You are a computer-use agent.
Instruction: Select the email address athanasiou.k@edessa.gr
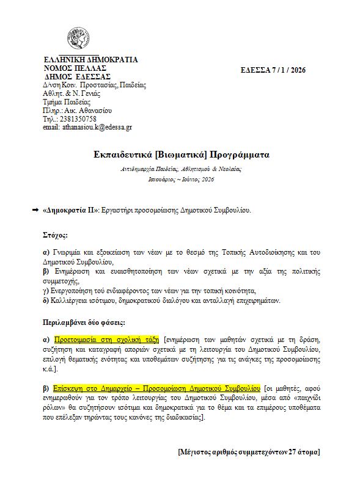point(87,128)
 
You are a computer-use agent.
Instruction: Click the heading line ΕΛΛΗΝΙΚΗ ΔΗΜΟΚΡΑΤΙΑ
point(91,60)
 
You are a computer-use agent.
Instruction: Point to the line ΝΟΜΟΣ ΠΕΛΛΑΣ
point(76,68)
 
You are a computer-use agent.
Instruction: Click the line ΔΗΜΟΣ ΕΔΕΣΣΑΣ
point(78,77)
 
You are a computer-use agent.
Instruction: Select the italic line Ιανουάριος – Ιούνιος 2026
point(182,180)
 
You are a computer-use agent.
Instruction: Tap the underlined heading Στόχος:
point(56,235)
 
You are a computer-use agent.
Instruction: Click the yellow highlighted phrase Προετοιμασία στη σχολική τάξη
point(106,338)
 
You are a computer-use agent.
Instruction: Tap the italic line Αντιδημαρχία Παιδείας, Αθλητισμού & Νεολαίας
point(182,168)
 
